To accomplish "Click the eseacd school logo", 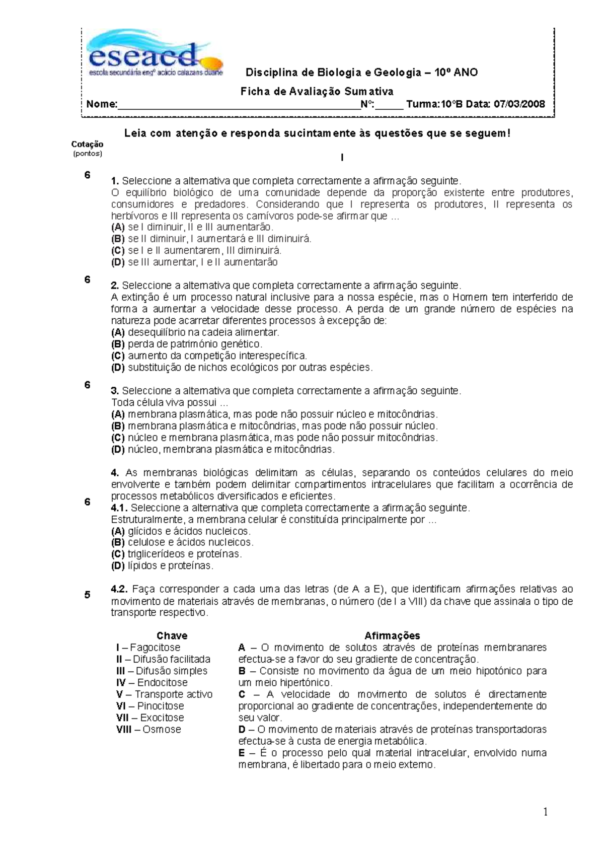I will [x=154, y=54].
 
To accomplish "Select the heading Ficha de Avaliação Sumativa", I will [x=317, y=91].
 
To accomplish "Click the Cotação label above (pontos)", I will [x=87, y=144].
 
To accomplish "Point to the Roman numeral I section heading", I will [x=342, y=158].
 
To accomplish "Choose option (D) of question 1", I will [x=194, y=262].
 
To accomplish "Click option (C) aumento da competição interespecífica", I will [x=209, y=355].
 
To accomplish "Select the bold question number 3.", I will [x=115, y=391].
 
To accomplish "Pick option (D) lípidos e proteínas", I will [x=162, y=565].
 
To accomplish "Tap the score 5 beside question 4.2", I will [x=87, y=595].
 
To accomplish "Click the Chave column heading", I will [x=172, y=635].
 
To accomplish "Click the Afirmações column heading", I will [x=392, y=635].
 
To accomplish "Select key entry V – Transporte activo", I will [x=164, y=694].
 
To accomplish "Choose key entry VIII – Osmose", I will [x=148, y=729].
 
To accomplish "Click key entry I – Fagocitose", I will [x=148, y=648].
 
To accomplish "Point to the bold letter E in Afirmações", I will [x=242, y=753].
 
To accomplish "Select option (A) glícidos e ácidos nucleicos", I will [x=181, y=531].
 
